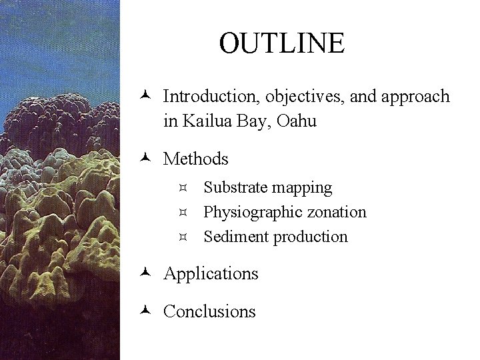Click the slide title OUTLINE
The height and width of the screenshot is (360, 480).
(x=282, y=43)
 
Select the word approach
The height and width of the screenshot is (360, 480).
(x=416, y=97)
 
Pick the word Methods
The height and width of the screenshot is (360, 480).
(x=196, y=159)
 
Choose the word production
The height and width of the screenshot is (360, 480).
(x=311, y=237)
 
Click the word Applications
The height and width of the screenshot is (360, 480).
(x=211, y=274)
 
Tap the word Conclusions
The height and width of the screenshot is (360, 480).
(x=209, y=311)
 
